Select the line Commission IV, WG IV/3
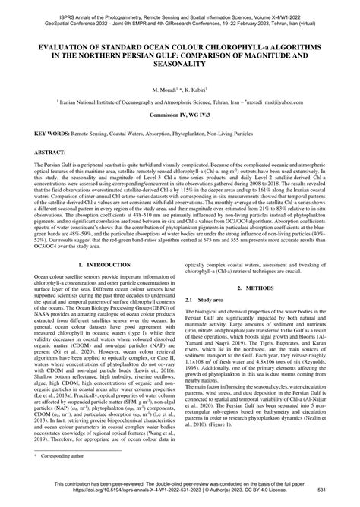coord(179,115)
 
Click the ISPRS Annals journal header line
coord(179,5)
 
